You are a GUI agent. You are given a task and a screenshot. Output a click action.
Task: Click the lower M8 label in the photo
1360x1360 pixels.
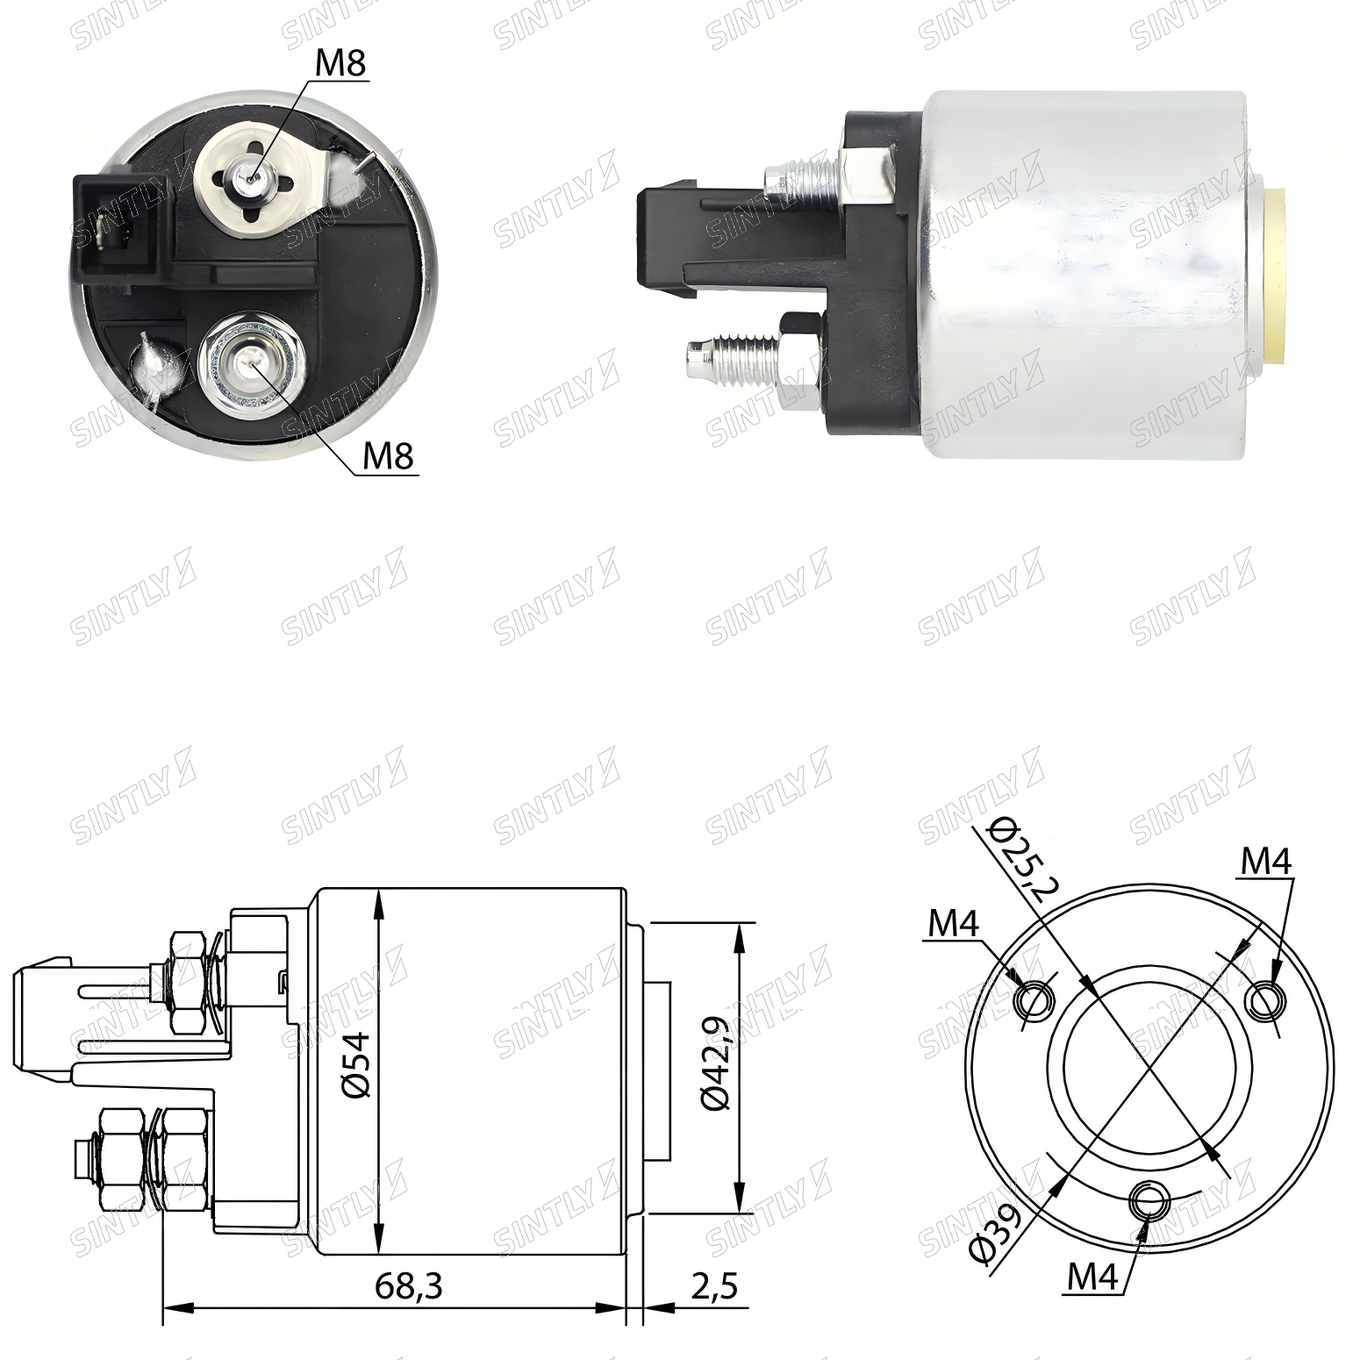point(388,455)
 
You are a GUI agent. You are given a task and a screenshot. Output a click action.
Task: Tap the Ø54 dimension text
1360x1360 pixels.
point(358,1064)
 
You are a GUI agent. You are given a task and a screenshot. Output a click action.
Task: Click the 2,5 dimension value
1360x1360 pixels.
point(714,1286)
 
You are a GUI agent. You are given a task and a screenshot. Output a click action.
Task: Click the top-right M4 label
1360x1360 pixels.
point(1265,862)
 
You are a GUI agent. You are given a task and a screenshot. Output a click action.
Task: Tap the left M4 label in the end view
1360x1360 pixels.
point(954,922)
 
